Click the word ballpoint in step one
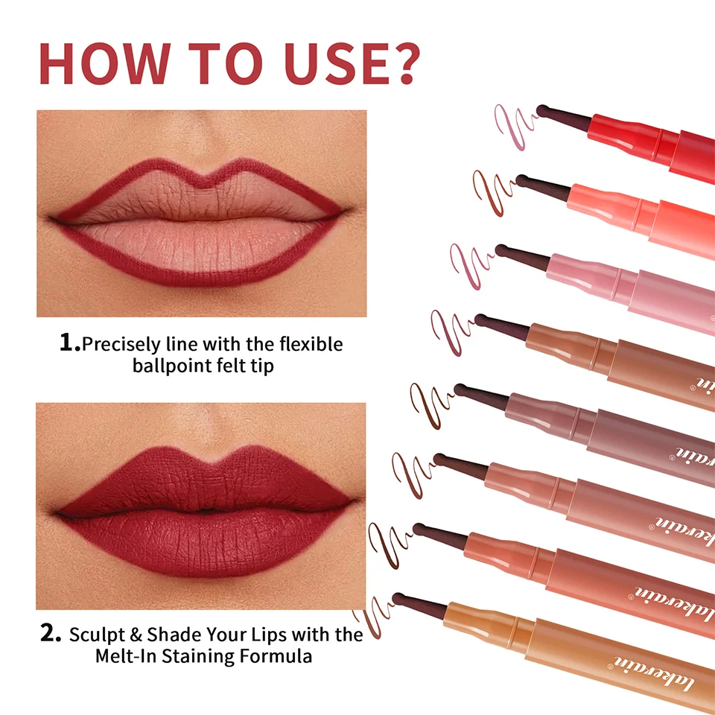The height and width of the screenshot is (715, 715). click(170, 366)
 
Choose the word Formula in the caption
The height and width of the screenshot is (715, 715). click(279, 656)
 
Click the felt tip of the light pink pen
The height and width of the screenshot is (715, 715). click(502, 250)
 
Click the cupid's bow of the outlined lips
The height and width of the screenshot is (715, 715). click(201, 179)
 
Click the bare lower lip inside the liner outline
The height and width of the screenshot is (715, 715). click(201, 246)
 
